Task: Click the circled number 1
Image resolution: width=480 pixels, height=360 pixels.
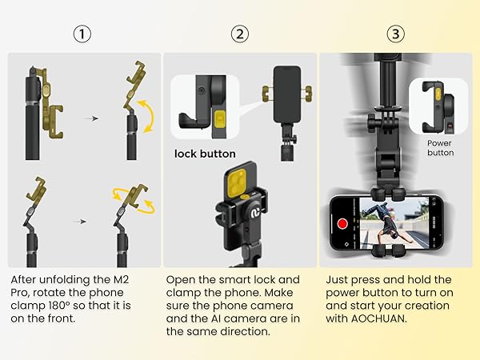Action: pos(83,34)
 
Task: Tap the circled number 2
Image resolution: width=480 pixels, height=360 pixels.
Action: pos(240,34)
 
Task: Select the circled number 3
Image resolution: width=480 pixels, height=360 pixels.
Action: pos(398,34)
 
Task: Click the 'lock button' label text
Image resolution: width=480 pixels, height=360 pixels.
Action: pos(206,154)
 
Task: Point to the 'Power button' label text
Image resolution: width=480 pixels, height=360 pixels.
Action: pos(440,147)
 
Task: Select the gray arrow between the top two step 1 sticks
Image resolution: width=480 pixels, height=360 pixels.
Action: pos(94,118)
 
